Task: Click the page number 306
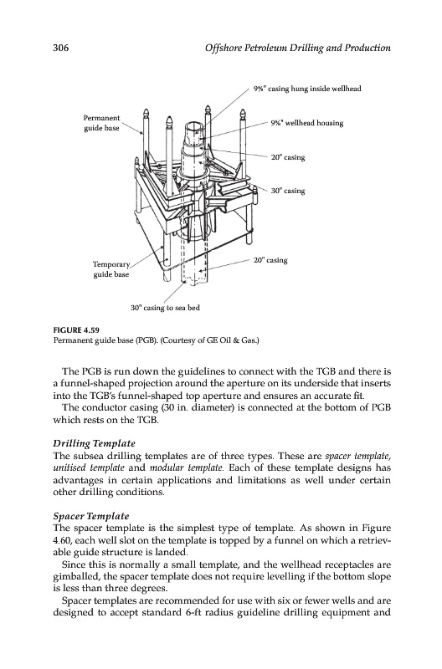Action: [60, 48]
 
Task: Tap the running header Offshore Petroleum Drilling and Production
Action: [298, 48]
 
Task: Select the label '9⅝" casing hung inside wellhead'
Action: [307, 89]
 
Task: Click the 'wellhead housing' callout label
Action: [307, 123]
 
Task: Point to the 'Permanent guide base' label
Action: [101, 123]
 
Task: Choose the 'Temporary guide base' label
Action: [111, 269]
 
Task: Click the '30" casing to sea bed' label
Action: [165, 308]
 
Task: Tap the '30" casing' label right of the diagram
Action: [288, 191]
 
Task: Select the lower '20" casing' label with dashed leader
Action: [270, 260]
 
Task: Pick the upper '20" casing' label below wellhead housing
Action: [288, 157]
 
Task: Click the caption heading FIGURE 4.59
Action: [74, 329]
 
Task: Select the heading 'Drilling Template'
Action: [94, 443]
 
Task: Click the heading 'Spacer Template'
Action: [91, 516]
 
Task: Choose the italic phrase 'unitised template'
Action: [89, 467]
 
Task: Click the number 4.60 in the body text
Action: [60, 540]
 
